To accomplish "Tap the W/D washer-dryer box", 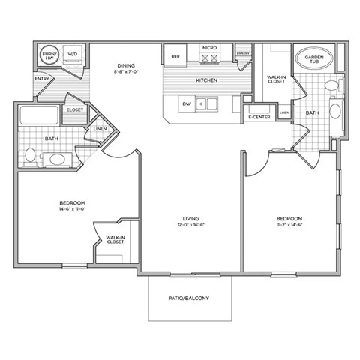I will pos(73,55).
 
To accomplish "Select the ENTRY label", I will pos(43,79).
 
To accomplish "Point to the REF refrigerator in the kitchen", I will pos(175,57).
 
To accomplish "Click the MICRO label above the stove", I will pos(208,49).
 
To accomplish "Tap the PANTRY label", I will pos(243,54).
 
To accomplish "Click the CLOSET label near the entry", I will pos(74,110).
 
